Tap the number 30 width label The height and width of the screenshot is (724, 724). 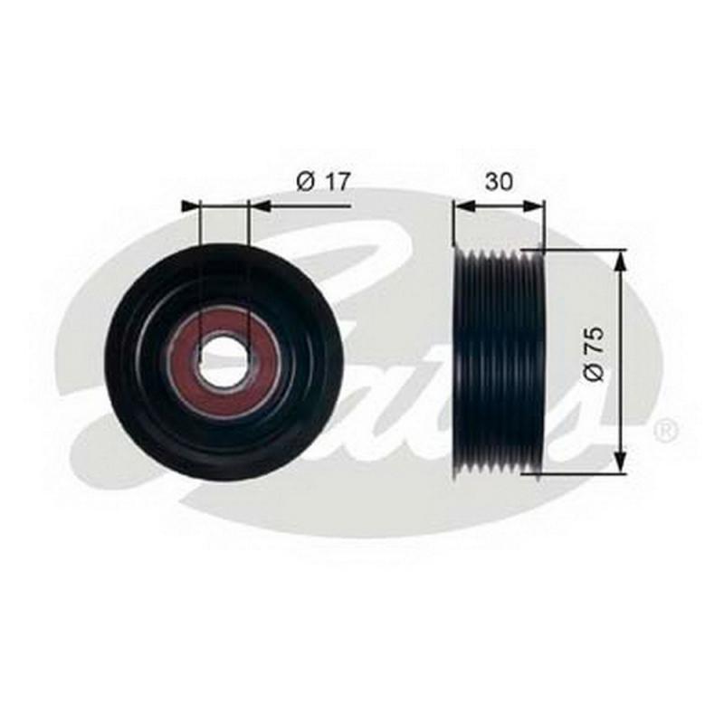tap(499, 182)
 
